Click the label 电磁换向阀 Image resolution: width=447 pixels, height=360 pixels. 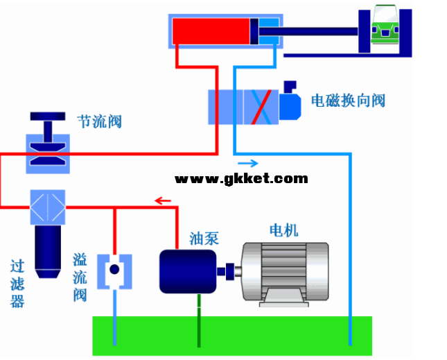[347, 101]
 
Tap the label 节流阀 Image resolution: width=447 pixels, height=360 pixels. [99, 122]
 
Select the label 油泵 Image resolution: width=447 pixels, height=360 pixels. [204, 239]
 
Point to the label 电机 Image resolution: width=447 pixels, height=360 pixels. [283, 230]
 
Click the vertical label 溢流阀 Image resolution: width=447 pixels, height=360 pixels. [80, 277]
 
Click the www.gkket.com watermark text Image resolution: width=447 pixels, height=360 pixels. [241, 178]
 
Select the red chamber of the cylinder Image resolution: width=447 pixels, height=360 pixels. [211, 31]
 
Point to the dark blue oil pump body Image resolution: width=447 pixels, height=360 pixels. [186, 271]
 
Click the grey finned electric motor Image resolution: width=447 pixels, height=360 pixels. [284, 271]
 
